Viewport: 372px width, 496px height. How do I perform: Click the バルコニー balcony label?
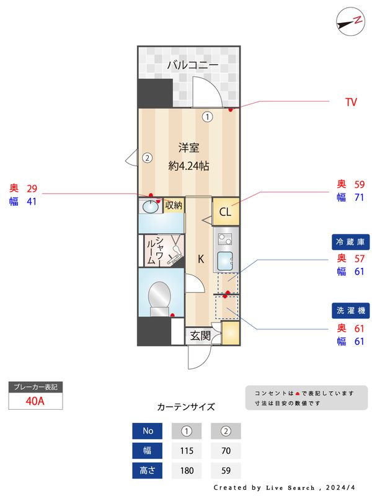[x=192, y=64]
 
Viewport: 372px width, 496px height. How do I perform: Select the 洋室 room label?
[x=188, y=148]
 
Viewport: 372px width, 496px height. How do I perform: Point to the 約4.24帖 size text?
[x=188, y=166]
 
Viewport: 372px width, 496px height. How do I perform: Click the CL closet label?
[x=225, y=212]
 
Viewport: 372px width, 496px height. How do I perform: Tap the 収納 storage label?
[x=174, y=205]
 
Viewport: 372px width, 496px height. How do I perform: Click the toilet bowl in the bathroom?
[x=160, y=296]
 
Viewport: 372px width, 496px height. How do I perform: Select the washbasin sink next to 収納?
[x=150, y=206]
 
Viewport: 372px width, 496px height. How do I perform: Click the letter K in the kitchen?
[x=201, y=259]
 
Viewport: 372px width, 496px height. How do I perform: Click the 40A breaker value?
[x=35, y=401]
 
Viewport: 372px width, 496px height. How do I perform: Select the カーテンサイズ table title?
[x=186, y=407]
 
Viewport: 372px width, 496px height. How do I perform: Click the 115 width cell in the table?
[x=186, y=450]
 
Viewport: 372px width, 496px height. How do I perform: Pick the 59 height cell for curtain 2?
[x=226, y=471]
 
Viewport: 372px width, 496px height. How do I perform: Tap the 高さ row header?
[x=148, y=471]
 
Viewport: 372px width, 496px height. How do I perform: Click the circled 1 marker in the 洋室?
[x=208, y=115]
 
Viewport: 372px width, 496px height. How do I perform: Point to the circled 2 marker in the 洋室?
[x=147, y=157]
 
